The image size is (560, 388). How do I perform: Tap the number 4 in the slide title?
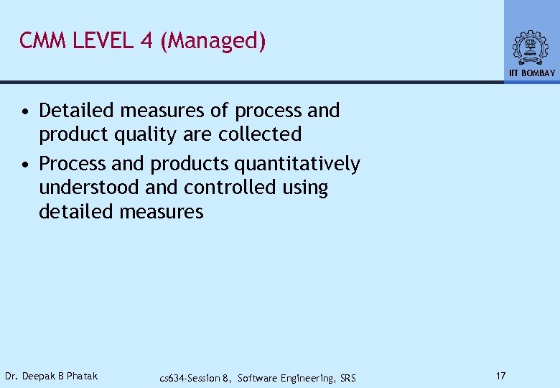(146, 41)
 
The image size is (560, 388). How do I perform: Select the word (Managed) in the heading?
(213, 42)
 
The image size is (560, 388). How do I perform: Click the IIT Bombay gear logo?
(531, 47)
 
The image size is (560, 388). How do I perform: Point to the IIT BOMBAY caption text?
(532, 73)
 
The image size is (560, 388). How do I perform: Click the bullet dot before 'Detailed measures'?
(25, 111)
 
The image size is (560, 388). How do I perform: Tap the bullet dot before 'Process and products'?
(25, 165)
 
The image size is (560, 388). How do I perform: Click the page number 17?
(500, 376)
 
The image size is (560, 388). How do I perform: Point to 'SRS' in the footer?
(347, 378)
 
